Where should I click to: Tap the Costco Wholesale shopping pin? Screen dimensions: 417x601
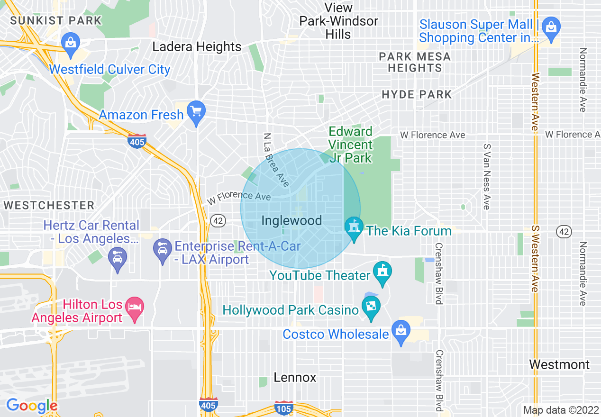point(401,331)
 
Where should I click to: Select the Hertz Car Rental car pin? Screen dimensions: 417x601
point(117,258)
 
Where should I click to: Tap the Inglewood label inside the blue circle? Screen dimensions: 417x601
point(291,220)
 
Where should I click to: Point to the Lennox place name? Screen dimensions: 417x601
point(295,377)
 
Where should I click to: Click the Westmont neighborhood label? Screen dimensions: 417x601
point(559,364)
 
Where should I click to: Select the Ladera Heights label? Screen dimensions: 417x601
point(197,47)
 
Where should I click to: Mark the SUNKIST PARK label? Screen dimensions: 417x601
point(56,20)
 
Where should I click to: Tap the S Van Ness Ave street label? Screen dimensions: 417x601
point(486,176)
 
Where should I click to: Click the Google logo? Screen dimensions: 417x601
point(32,406)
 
